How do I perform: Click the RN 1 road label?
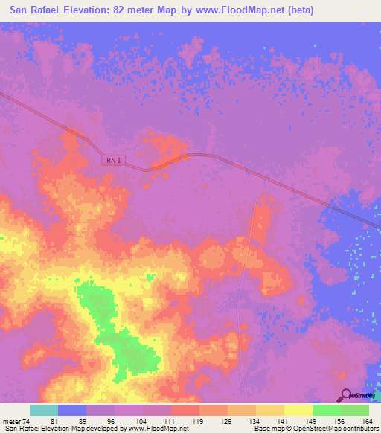click(112, 160)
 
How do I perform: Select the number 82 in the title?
click(149, 10)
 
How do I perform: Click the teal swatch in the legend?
click(44, 411)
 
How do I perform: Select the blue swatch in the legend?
click(72, 411)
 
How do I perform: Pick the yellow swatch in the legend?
click(298, 411)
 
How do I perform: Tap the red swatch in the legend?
click(185, 411)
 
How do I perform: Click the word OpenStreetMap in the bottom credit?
click(311, 429)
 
